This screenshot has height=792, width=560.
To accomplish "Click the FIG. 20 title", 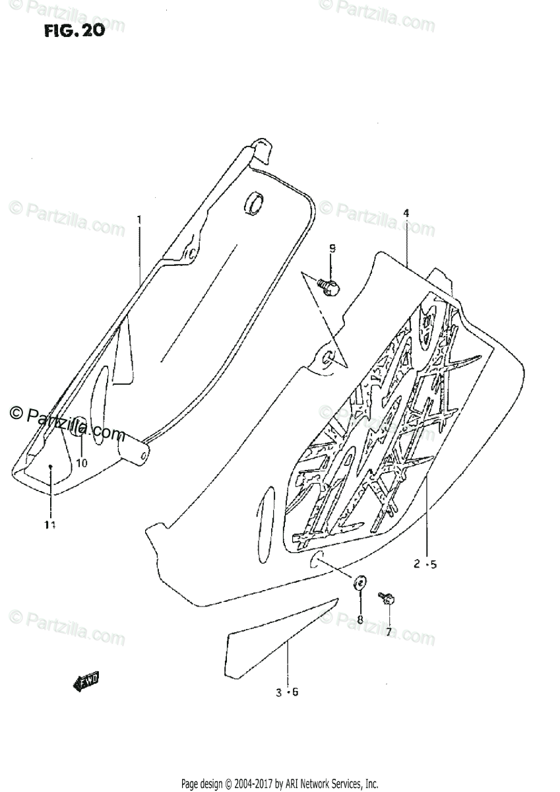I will (75, 31).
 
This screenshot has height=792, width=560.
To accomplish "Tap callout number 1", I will (139, 218).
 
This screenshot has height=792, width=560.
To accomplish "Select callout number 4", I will (406, 213).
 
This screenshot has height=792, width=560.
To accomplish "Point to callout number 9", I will (332, 249).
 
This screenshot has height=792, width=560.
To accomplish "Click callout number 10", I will (82, 463).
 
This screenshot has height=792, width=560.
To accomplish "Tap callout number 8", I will (360, 619).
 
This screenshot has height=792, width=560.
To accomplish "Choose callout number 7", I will (389, 632).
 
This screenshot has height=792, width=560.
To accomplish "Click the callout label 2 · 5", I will (425, 564).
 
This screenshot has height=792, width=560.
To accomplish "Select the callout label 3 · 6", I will (288, 692).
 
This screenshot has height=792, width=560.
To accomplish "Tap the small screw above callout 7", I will (387, 599).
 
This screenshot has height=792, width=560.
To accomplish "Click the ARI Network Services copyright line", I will (280, 783).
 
